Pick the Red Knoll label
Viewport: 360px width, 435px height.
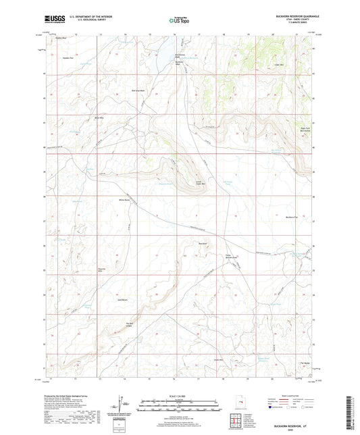click(202, 244)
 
